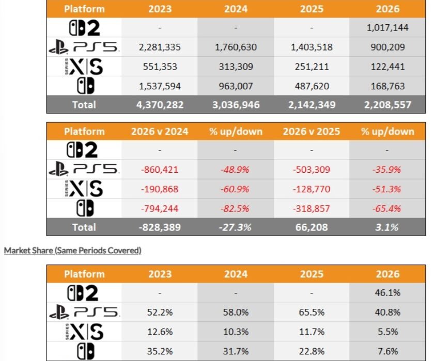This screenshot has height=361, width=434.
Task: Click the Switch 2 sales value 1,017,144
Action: (388, 28)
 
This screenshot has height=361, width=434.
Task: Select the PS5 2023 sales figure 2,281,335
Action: (160, 47)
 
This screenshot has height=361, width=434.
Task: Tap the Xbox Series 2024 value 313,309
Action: (236, 67)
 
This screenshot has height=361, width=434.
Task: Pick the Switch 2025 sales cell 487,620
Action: (312, 86)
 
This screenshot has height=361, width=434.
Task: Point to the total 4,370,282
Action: (160, 105)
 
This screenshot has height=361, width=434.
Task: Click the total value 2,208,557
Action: (388, 105)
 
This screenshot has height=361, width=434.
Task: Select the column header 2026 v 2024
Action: (160, 132)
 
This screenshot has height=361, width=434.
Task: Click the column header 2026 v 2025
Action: (312, 132)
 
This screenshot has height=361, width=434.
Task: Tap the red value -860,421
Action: (160, 170)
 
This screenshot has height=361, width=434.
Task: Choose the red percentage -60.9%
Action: (235, 189)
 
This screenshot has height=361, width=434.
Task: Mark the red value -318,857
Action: (312, 208)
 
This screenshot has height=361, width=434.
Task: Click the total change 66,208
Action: (312, 227)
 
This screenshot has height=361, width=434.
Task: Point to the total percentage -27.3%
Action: (235, 227)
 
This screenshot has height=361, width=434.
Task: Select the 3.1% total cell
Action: (386, 227)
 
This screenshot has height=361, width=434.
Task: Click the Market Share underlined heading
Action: (73, 251)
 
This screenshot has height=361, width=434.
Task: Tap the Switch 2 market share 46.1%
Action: (388, 293)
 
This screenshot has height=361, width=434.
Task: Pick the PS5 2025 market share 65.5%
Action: (312, 313)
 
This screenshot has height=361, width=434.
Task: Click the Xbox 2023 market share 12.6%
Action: (160, 332)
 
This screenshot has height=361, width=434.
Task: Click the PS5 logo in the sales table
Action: (84, 47)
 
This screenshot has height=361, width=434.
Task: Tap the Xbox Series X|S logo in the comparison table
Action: (84, 189)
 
